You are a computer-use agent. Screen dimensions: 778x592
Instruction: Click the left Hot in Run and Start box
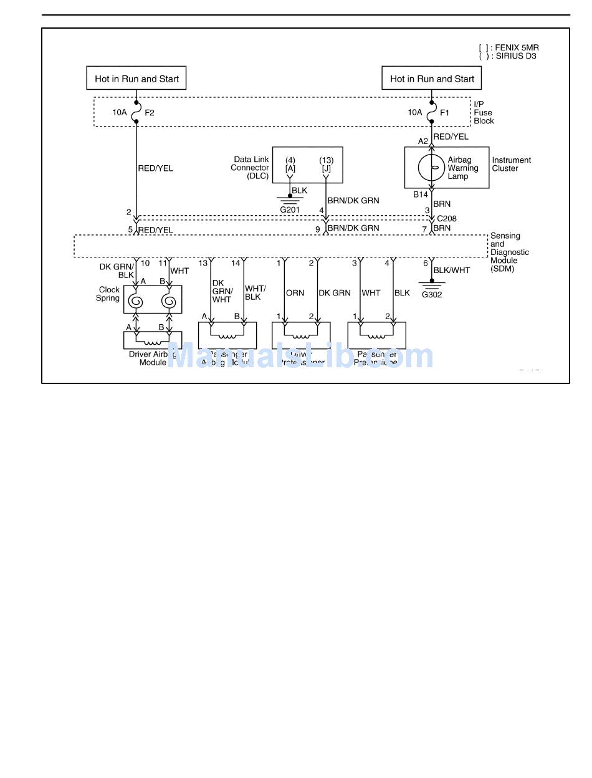(x=136, y=79)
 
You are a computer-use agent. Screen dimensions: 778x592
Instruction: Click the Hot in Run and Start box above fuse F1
(x=432, y=79)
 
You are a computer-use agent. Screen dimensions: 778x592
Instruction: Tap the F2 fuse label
(x=150, y=113)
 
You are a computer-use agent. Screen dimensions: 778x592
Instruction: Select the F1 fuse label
(x=444, y=113)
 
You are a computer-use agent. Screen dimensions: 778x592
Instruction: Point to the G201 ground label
(x=290, y=209)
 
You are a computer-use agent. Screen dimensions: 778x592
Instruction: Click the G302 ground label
(x=432, y=294)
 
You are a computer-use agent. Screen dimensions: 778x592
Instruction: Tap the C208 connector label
(x=447, y=219)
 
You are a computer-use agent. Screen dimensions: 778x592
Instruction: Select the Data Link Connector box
(x=307, y=165)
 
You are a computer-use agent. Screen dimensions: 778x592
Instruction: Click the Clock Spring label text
(x=109, y=294)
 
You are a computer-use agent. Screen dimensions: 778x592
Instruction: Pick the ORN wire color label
(x=295, y=293)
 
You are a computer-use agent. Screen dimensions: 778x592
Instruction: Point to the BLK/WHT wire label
(x=452, y=270)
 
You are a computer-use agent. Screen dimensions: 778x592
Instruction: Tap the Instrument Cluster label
(x=512, y=164)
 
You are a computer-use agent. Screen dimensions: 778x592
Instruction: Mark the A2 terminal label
(x=423, y=142)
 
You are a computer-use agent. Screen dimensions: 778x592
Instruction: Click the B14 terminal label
(x=421, y=194)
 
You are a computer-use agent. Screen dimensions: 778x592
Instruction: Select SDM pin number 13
(x=203, y=263)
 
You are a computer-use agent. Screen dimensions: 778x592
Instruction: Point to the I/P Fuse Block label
(x=484, y=113)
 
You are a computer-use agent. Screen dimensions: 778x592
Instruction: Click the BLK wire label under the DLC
(x=299, y=190)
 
